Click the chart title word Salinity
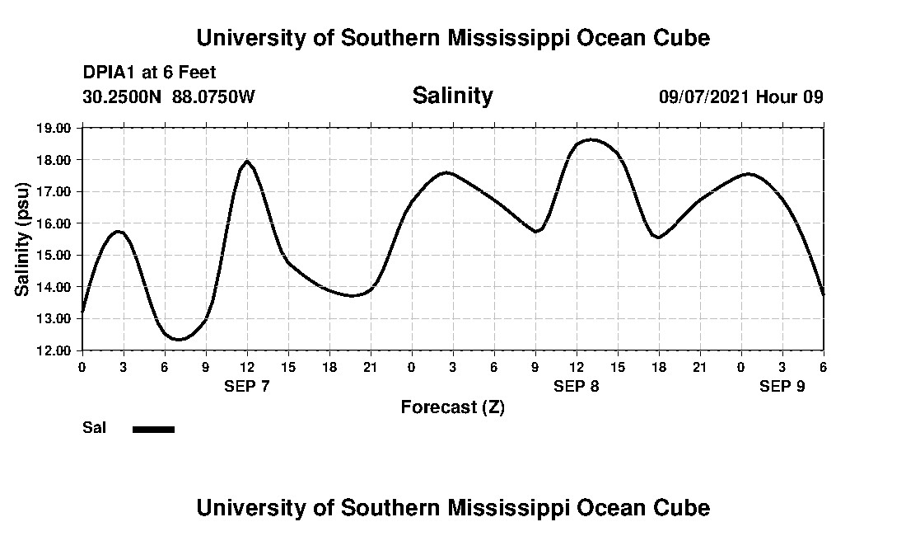452,96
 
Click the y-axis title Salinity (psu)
23,239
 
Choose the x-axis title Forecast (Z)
452,407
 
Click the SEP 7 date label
247,386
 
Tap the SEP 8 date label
577,386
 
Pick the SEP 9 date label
782,386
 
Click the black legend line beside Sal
154,429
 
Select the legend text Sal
94,428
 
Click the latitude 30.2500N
123,96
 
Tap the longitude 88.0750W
213,96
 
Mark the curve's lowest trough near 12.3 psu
180,339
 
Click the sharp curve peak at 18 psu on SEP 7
247,161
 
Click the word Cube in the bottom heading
686,507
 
